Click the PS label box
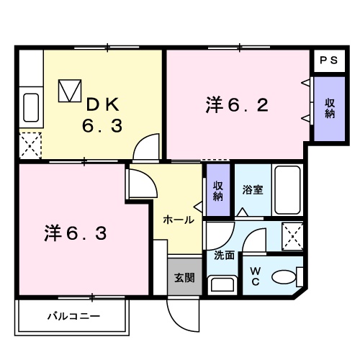[327, 60]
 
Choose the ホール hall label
[178, 220]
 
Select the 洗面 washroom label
[224, 254]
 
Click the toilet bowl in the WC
[287, 276]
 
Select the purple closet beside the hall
[217, 190]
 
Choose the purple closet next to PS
[328, 108]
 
